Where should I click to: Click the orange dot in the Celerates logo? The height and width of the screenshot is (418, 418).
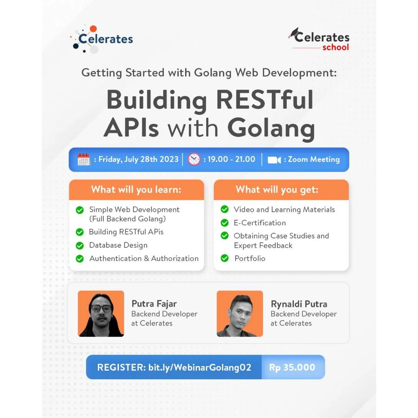(93, 29)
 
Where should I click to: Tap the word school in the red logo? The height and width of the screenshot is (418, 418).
(336, 47)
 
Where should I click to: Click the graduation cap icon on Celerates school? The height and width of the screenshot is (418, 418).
(294, 33)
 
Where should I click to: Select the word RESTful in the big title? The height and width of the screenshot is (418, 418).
(264, 100)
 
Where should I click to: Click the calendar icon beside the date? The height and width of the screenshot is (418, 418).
(84, 159)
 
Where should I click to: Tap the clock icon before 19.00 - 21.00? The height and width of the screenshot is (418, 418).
(194, 159)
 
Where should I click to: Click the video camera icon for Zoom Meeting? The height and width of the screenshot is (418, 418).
(274, 160)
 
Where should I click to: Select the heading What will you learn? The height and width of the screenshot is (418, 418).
(136, 190)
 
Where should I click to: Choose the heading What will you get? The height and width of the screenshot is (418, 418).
(277, 190)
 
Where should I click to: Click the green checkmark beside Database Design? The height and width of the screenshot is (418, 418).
(80, 245)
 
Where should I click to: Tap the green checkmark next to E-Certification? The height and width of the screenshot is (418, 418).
(225, 223)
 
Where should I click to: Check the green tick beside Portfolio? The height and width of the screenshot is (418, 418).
(225, 258)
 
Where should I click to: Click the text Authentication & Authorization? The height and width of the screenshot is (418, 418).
(144, 258)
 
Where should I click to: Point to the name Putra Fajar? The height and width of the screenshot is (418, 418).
(154, 304)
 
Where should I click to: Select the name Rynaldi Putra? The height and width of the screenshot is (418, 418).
(299, 304)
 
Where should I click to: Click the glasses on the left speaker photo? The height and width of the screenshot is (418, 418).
(101, 308)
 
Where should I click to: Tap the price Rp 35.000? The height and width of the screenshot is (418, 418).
(292, 367)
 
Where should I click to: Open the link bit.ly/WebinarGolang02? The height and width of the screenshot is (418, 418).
(200, 367)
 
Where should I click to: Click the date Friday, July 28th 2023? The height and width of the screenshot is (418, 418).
(138, 159)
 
